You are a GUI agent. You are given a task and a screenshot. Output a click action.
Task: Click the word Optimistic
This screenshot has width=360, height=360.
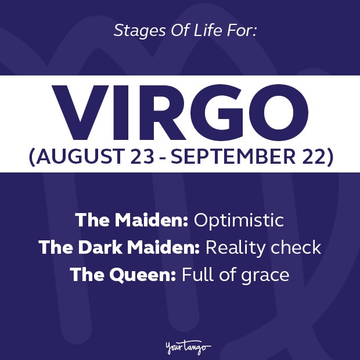[x=238, y=221]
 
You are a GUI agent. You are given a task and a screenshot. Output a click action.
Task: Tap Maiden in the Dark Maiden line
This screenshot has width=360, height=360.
[x=164, y=247]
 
